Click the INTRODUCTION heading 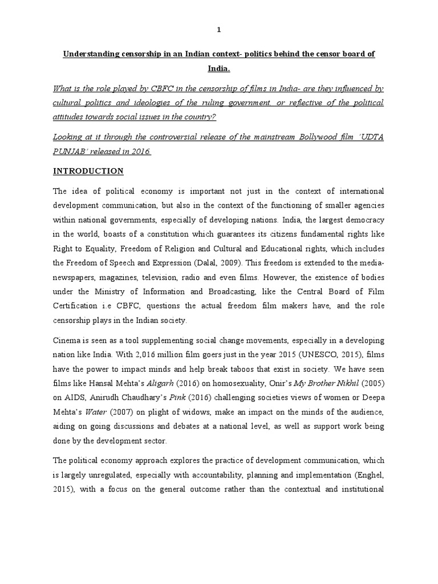(89, 171)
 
